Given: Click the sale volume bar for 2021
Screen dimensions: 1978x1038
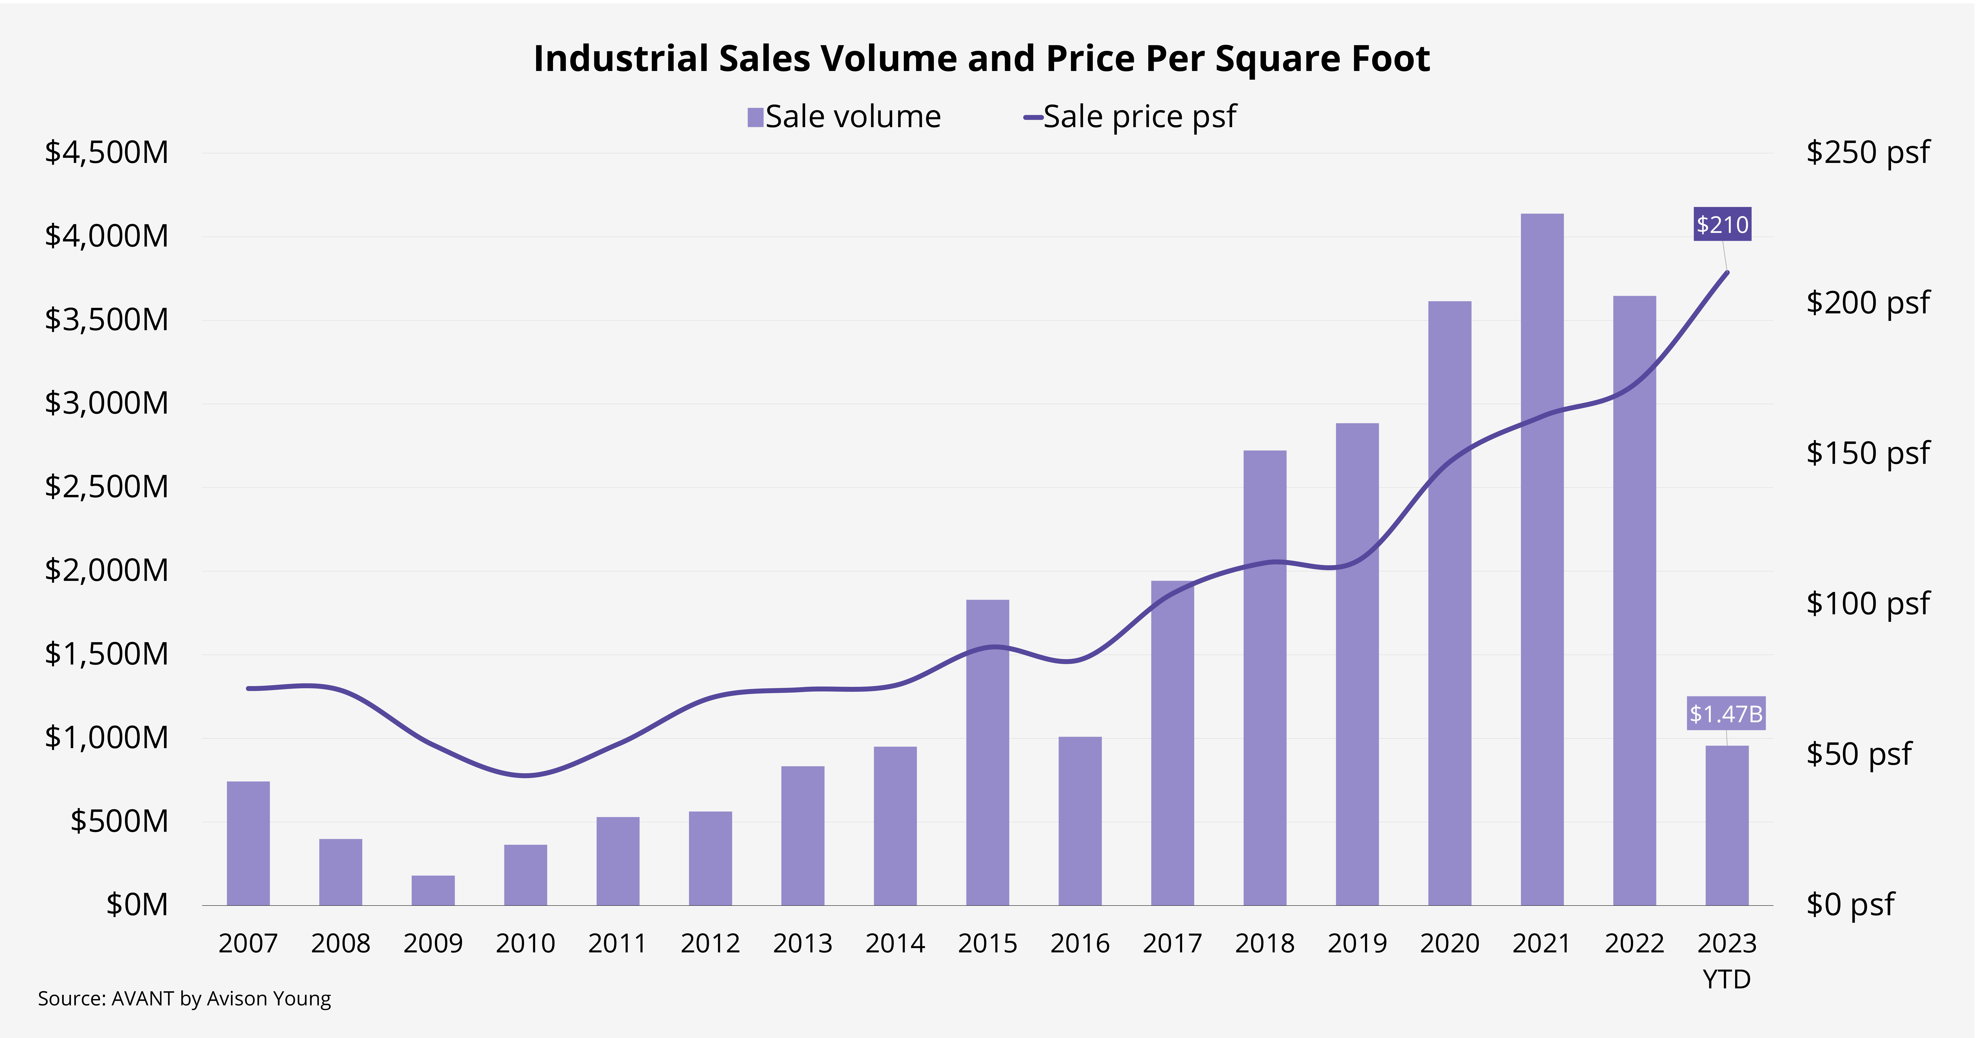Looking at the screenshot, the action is tap(1542, 560).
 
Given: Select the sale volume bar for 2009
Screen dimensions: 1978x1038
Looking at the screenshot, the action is tap(433, 891).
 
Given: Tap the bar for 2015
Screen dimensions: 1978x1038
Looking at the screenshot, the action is tap(987, 752).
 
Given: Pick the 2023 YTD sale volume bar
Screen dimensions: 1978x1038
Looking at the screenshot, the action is tap(1727, 825).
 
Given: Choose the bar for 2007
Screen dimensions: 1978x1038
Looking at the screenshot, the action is tap(248, 844).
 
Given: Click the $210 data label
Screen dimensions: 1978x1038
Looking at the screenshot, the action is tap(1722, 224).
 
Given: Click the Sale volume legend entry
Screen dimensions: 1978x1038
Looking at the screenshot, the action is tap(844, 117).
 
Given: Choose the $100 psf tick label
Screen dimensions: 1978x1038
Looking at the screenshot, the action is tap(1867, 603).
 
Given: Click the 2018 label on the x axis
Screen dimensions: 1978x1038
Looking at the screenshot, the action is tap(1265, 943).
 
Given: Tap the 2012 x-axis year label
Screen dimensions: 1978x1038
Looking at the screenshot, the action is tap(710, 943).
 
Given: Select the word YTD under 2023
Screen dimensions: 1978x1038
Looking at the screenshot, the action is tap(1727, 980).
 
